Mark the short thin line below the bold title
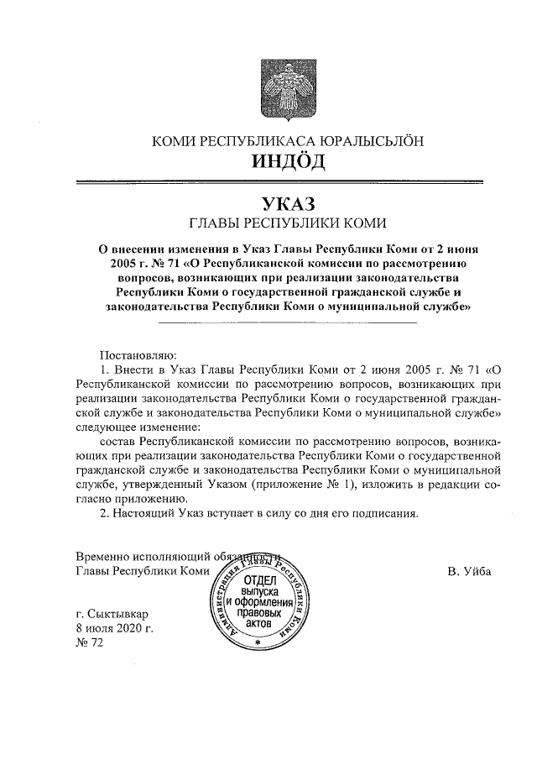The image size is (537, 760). point(287,322)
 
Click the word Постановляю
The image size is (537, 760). point(137,354)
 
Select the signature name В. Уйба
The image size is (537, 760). point(469,572)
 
